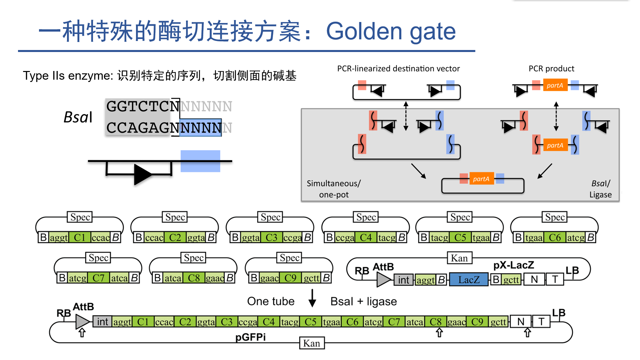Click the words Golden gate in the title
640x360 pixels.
(390, 32)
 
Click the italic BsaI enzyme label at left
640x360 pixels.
(78, 117)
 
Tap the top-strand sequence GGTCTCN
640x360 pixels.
(143, 107)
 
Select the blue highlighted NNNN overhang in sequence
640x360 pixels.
(200, 128)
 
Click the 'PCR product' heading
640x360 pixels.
(551, 69)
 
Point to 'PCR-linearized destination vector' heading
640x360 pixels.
(398, 69)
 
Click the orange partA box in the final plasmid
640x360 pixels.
(481, 179)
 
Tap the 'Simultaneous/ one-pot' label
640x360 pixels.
(334, 189)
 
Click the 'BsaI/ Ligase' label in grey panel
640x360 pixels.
(600, 189)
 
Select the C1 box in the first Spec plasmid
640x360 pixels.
(79, 237)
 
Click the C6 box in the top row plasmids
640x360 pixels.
(555, 237)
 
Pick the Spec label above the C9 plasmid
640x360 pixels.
(289, 258)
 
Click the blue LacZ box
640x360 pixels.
(469, 280)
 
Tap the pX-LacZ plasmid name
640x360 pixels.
(513, 265)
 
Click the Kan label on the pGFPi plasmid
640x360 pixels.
(311, 343)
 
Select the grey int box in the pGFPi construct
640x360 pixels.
(102, 322)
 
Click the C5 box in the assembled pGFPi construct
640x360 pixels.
(310, 322)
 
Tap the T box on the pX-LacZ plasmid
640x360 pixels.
(555, 279)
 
